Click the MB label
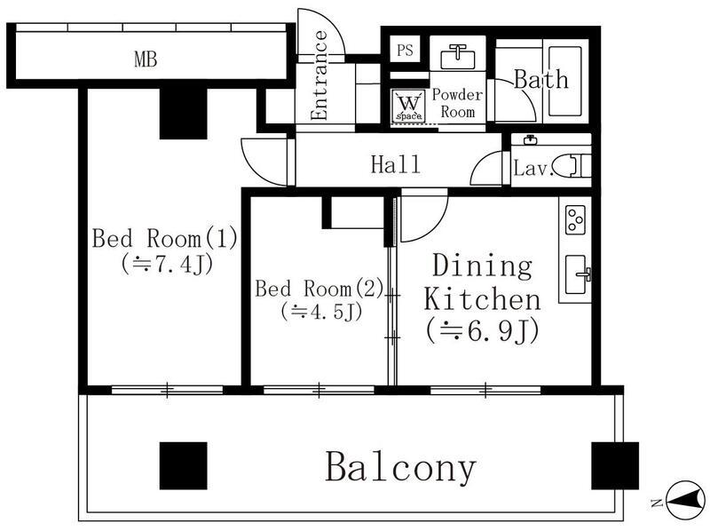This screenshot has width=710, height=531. coord(146,59)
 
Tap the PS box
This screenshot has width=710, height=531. coord(405,50)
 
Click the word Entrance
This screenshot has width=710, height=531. coord(319,75)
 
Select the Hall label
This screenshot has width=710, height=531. coord(395,164)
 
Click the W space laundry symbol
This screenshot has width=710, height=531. coord(409,106)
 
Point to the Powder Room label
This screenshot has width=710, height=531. coord(457,103)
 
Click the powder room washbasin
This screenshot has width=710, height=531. coord(458,57)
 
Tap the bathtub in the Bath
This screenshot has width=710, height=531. coord(564,82)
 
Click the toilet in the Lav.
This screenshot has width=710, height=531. coord(572,165)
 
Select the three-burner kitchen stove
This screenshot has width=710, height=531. coord(575,219)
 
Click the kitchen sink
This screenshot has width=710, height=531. coord(576,274)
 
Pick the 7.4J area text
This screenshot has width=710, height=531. coord(166,264)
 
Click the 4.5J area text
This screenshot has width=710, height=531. coord(321,312)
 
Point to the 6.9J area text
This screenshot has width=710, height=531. coord(482,331)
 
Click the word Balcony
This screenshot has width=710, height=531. coord(401,467)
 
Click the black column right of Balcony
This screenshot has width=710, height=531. coord(615,466)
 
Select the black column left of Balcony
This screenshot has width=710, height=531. coord(184,466)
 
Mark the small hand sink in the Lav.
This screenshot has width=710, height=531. coord(530,140)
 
